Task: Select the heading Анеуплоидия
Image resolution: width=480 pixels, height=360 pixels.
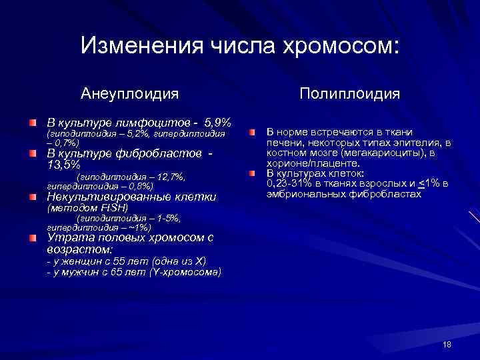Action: pyautogui.click(x=130, y=93)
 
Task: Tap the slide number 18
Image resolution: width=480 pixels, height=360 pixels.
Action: pyautogui.click(x=447, y=343)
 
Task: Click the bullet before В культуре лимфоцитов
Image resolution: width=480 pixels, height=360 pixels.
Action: pyautogui.click(x=33, y=123)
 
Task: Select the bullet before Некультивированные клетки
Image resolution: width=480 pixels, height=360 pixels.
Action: pyautogui.click(x=33, y=197)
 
